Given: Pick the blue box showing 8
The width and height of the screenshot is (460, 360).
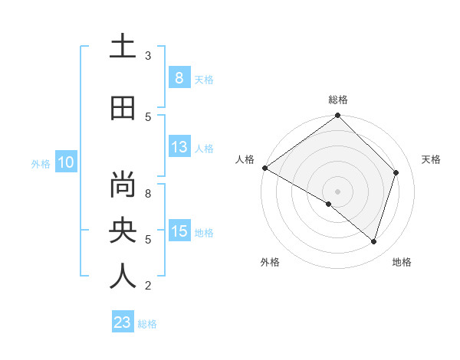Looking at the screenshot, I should [179, 77].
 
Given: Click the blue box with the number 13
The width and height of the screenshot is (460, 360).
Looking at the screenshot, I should [179, 147].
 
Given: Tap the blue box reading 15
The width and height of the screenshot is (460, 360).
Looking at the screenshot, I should [179, 231].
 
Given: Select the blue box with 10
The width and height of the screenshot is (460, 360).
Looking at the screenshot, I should [65, 162].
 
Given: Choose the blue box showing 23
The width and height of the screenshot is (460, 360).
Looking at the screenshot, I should [123, 322].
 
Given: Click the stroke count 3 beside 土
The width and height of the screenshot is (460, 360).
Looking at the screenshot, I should [147, 56].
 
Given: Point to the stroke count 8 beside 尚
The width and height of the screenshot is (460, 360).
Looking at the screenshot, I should [147, 194].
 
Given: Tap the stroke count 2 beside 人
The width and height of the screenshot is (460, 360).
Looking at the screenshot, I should [147, 286].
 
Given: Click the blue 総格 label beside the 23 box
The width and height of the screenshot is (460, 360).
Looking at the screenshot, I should [147, 324].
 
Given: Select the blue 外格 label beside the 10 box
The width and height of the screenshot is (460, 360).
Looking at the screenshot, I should [40, 163].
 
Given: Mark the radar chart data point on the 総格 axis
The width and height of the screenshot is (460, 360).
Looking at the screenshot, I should [338, 116].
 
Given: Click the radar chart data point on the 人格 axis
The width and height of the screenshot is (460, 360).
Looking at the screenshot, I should [264, 168].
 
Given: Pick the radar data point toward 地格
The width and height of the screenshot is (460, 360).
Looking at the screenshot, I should [373, 242].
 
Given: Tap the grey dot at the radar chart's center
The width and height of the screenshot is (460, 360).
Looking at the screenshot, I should [338, 191].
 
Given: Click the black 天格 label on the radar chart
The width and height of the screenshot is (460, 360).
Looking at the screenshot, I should [431, 159].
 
